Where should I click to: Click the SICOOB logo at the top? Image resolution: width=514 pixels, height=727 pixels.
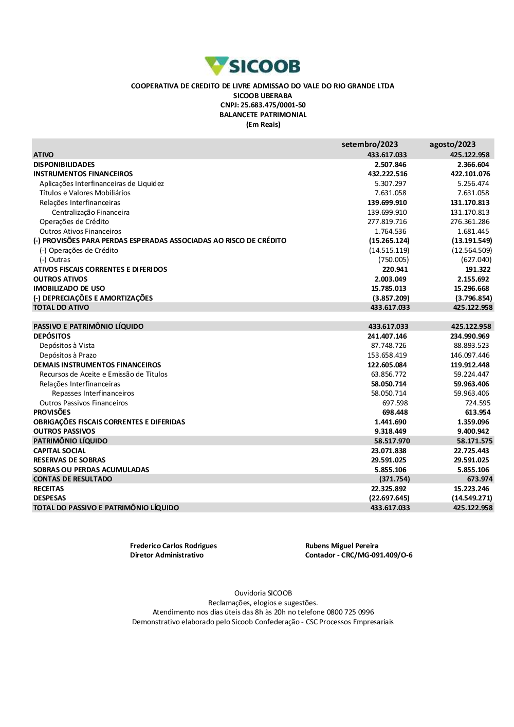tap(252, 66)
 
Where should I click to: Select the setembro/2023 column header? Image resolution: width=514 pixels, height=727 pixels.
tap(370, 144)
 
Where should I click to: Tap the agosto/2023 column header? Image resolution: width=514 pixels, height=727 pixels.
tap(452, 144)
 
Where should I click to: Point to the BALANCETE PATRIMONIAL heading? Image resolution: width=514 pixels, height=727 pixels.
tap(263, 115)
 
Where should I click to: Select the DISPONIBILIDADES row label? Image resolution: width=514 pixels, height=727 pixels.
tap(64, 164)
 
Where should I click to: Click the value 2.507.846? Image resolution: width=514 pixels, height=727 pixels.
tap(390, 164)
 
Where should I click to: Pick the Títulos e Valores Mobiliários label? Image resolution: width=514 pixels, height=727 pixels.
tap(85, 193)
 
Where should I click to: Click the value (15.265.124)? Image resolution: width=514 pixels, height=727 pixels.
tap(389, 241)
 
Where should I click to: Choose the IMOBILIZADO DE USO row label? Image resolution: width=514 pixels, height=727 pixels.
tap(69, 289)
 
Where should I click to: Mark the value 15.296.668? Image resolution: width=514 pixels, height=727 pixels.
tap(471, 289)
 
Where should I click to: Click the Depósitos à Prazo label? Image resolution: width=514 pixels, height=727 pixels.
tap(68, 356)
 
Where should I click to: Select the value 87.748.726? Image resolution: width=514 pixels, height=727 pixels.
tap(389, 346)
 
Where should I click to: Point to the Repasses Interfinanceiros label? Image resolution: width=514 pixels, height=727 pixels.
tap(93, 394)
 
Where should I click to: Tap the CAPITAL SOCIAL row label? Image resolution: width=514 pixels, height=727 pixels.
tap(60, 451)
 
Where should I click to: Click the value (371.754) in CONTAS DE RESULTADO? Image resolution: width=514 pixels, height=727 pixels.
tap(394, 479)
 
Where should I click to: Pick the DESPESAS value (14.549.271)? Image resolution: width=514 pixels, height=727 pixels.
tap(472, 498)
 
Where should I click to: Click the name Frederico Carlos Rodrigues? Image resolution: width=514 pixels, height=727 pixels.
tap(173, 546)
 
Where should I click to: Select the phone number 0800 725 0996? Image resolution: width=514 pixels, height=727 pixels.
tap(350, 612)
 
